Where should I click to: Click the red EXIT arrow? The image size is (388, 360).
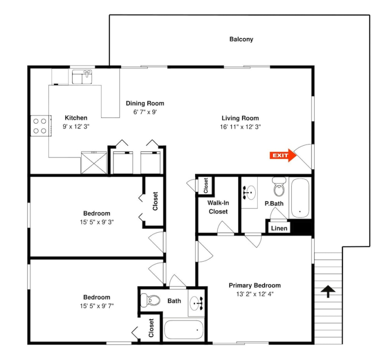click(x=283, y=155)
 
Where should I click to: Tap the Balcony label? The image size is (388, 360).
click(x=241, y=39)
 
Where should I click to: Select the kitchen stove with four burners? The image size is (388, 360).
click(x=41, y=126)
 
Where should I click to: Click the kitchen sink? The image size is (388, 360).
click(x=82, y=77)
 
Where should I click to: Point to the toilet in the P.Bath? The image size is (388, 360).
click(x=279, y=187)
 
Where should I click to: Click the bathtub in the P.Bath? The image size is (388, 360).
click(x=300, y=198)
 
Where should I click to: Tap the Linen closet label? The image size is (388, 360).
click(x=279, y=228)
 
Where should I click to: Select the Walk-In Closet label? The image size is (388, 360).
click(x=218, y=207)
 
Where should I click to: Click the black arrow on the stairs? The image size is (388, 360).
click(x=328, y=291)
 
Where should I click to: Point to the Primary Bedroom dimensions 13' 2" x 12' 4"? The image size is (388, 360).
click(x=255, y=294)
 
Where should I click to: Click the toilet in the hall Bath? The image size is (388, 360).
click(x=150, y=300)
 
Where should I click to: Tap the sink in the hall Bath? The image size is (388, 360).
click(x=197, y=303)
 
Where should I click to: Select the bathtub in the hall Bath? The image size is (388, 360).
click(x=184, y=330)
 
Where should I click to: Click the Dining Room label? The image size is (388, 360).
click(x=145, y=103)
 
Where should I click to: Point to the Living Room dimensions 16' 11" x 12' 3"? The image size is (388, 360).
click(x=240, y=127)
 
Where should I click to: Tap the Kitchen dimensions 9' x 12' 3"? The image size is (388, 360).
click(x=76, y=127)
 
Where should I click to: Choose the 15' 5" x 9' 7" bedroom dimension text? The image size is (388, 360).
click(x=97, y=306)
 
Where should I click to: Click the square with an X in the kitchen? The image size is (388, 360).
click(x=94, y=163)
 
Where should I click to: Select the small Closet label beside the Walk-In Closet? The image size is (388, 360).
click(x=205, y=186)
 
